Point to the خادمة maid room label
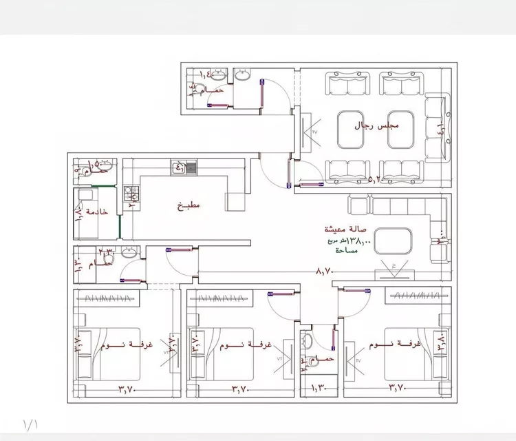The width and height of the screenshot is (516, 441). point(97,212)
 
